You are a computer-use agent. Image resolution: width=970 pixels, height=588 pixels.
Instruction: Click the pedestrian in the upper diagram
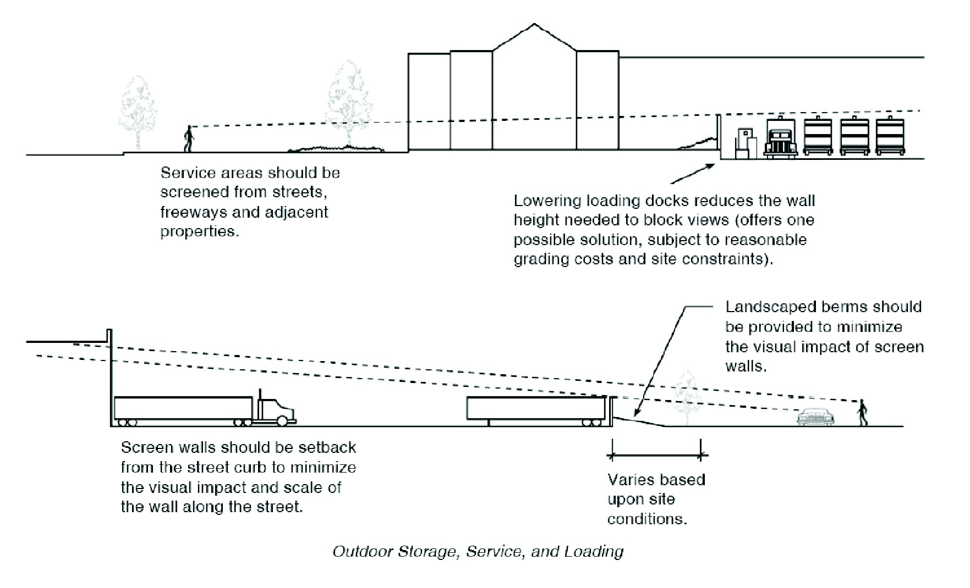point(189,139)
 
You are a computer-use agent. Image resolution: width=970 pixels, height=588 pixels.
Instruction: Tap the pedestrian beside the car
point(863,413)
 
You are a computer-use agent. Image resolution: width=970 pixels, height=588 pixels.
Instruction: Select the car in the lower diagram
point(816,417)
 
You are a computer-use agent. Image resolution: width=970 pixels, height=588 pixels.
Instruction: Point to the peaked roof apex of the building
point(534,24)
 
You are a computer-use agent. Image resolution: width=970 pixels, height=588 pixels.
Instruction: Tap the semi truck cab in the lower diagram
point(275,409)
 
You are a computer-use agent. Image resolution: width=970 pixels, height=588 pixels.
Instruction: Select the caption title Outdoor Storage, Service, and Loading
point(478,551)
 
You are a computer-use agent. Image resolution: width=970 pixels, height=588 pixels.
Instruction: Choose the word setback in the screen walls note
point(329,447)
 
